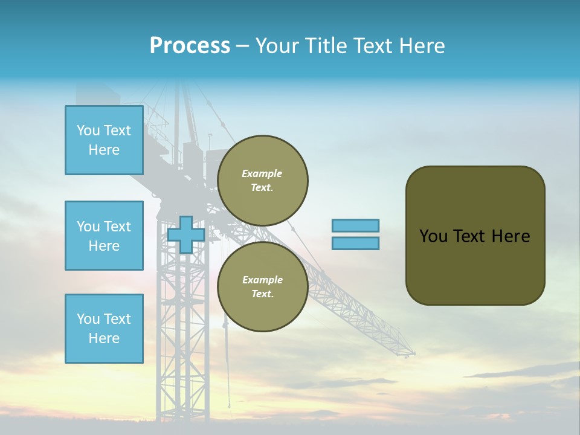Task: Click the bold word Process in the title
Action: point(190,46)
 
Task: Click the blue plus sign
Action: point(186,234)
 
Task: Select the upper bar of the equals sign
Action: point(355,225)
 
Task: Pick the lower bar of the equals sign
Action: point(355,243)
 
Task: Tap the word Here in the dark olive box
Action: point(511,236)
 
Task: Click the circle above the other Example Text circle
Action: point(262,180)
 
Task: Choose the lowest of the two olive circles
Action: point(262,286)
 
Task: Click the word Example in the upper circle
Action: point(262,173)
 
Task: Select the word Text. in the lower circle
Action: point(262,294)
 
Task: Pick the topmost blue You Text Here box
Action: point(104,140)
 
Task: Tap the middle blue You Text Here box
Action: point(104,236)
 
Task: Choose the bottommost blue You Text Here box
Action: point(104,329)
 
